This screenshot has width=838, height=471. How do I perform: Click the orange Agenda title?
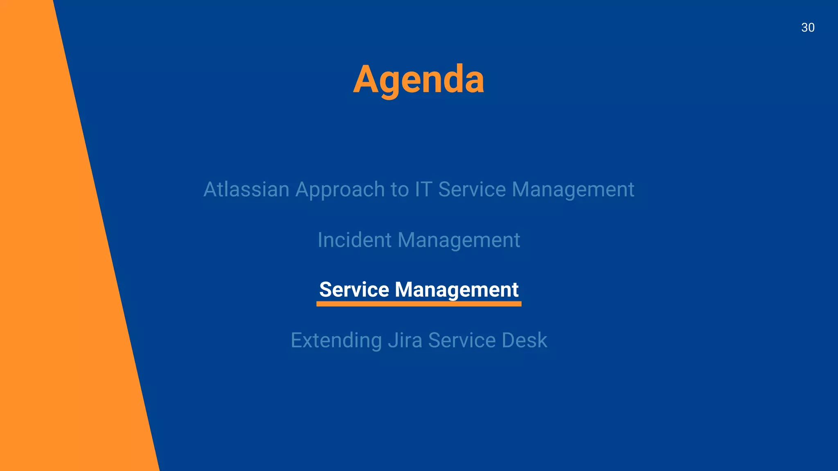[x=419, y=79]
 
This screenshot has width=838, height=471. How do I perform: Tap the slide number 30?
[x=808, y=27]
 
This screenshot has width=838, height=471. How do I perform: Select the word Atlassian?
[x=246, y=189]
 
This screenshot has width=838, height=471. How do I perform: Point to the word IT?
[x=424, y=189]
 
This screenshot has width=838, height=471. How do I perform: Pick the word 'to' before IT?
[x=400, y=190]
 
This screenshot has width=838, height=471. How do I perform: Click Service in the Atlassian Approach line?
[x=472, y=189]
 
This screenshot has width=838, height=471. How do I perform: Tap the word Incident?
[x=354, y=240]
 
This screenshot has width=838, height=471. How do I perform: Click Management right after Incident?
[x=459, y=240]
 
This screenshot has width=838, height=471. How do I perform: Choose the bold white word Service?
[x=354, y=289]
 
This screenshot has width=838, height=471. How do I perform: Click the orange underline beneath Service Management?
[x=419, y=304]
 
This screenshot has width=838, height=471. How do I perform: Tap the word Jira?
[x=405, y=340]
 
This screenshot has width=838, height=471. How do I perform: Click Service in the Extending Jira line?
[x=462, y=340]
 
